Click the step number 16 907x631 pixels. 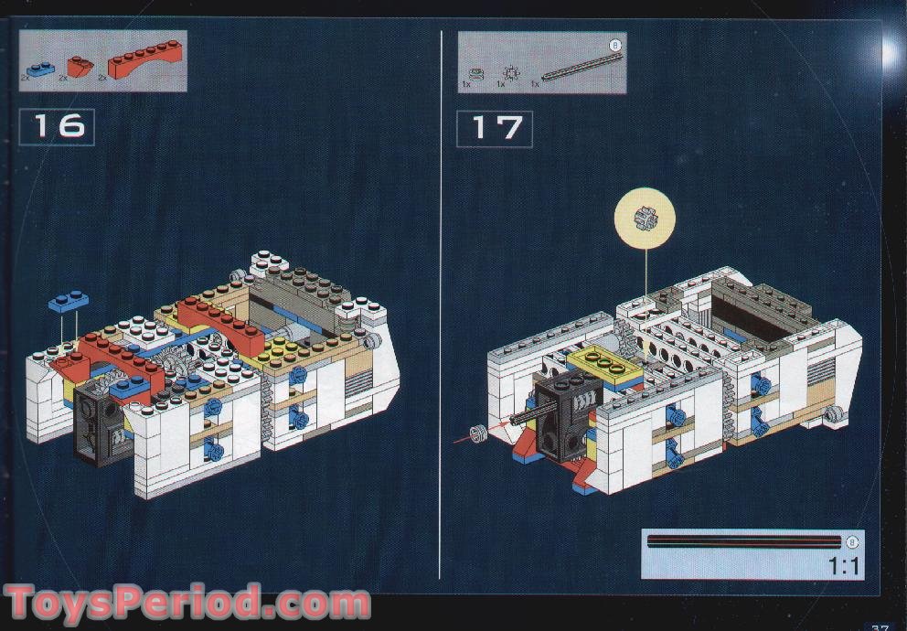click(57, 125)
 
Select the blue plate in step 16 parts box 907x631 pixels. click(40, 69)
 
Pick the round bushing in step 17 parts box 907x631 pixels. click(474, 74)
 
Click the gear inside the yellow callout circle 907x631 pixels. click(646, 218)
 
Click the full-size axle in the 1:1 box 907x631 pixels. click(745, 541)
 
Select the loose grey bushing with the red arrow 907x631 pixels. click(476, 433)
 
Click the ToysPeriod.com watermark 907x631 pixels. click(187, 604)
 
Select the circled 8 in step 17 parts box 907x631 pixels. click(615, 44)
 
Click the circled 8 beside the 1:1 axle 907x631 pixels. click(853, 540)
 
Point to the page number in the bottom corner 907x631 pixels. click(880, 626)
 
